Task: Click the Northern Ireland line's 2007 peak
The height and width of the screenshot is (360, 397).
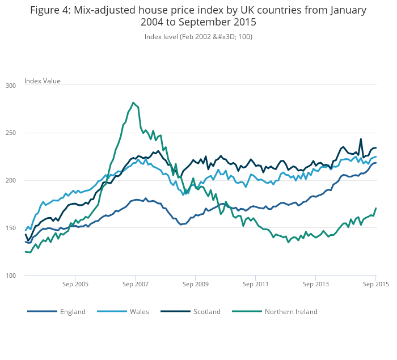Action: (133, 103)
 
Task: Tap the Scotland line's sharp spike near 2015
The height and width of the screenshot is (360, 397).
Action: (361, 139)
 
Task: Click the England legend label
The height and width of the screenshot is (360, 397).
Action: (73, 311)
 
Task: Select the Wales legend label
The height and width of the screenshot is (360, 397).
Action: (140, 311)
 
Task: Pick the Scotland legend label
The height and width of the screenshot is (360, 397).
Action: (206, 311)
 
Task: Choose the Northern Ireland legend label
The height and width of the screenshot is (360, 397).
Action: (291, 311)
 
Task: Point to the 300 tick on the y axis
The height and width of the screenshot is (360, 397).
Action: (11, 86)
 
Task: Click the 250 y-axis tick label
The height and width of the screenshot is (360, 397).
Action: (11, 133)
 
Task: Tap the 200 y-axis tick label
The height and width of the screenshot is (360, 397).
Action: (11, 180)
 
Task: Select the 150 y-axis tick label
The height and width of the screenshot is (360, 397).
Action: (11, 228)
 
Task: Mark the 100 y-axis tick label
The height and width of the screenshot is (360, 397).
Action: (11, 276)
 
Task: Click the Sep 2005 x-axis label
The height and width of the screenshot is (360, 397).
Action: (75, 283)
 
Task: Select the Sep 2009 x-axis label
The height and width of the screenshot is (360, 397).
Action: (195, 283)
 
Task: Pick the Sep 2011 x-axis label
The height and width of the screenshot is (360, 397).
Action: (255, 283)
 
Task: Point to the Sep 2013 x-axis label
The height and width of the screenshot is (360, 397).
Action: (315, 283)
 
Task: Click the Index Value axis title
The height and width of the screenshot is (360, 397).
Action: (43, 81)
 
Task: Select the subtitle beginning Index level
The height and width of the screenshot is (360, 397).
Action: (198, 36)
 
